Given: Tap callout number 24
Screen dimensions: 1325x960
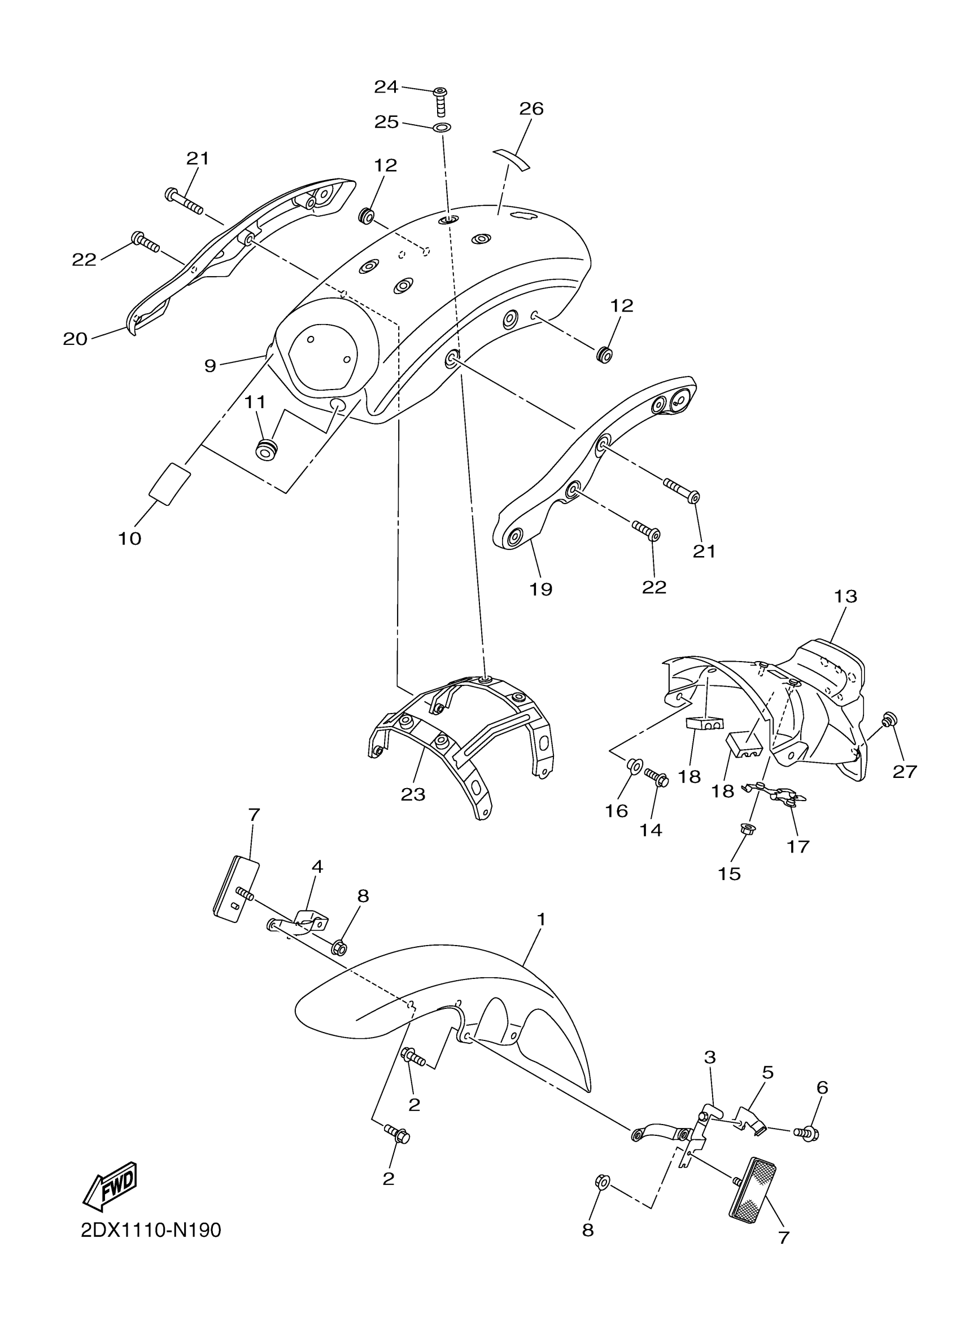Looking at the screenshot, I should (386, 87).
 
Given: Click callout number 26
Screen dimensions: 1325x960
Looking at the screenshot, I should (531, 108).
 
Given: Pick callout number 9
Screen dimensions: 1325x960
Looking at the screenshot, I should (210, 366).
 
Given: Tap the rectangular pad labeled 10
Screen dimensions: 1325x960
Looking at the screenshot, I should (170, 482).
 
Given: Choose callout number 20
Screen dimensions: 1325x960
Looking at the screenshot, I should (75, 339).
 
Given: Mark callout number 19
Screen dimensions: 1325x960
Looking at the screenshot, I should (540, 589).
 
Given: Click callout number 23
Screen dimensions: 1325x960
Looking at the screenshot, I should (413, 794).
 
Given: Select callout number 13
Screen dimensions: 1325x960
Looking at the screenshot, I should (845, 597).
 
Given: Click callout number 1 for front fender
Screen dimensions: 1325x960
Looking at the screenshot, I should (541, 920).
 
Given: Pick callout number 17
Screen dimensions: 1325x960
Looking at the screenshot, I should (797, 846).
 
